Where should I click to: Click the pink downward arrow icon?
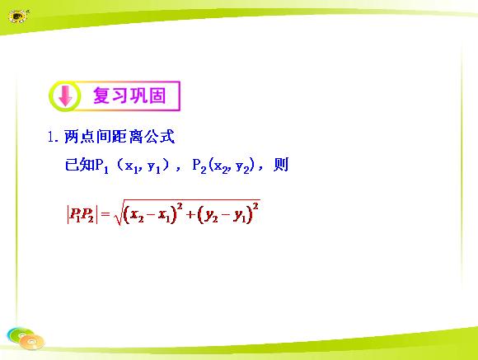coord(65,96)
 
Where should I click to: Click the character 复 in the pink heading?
coord(102,95)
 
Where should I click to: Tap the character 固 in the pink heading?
coord(157,96)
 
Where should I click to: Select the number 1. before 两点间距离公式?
coord(53,137)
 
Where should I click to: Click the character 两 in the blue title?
coord(72,136)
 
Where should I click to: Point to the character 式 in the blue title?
coord(167,136)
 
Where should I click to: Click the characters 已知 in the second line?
coord(80,165)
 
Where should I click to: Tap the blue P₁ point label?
coord(102,166)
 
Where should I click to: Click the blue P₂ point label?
coord(199,166)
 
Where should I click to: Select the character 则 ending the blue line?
coord(281,165)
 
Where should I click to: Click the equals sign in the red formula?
coord(105,214)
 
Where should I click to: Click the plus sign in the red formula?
coord(190,214)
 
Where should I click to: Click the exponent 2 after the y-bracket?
coord(255,207)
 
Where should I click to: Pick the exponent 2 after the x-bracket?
coord(180,207)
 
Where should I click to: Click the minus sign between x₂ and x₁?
coord(150,214)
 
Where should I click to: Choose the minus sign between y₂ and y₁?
coord(225,214)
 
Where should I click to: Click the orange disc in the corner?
coord(32,342)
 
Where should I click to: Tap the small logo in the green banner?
coord(18,16)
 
